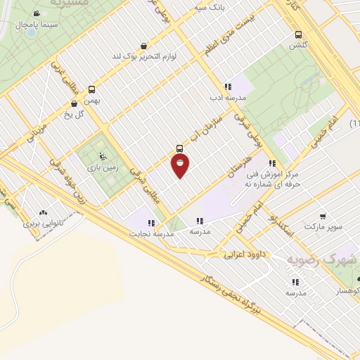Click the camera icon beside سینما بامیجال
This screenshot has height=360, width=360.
(36, 13)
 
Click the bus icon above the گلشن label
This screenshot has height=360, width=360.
(299, 34)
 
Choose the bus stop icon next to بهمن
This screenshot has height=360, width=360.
(91, 89)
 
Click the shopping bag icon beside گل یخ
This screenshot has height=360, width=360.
(74, 103)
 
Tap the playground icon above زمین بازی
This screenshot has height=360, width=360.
(103, 156)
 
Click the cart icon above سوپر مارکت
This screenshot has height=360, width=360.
(322, 216)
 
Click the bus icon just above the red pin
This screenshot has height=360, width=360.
(180, 148)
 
